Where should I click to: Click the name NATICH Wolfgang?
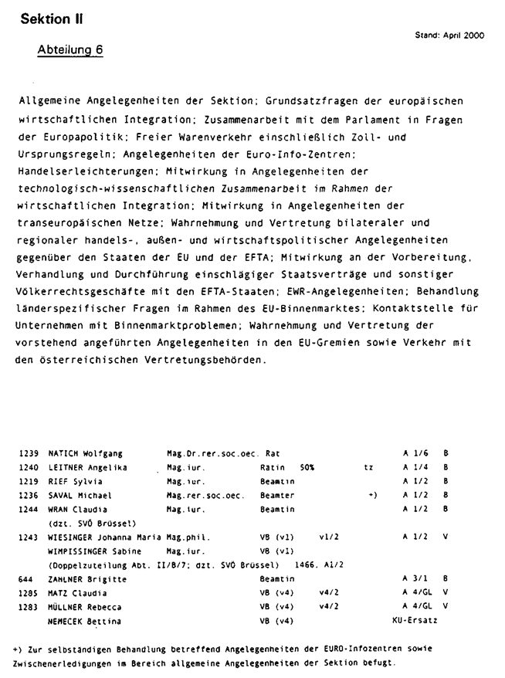(86, 453)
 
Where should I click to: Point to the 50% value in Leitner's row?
(307, 467)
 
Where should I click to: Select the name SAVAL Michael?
(80, 495)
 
